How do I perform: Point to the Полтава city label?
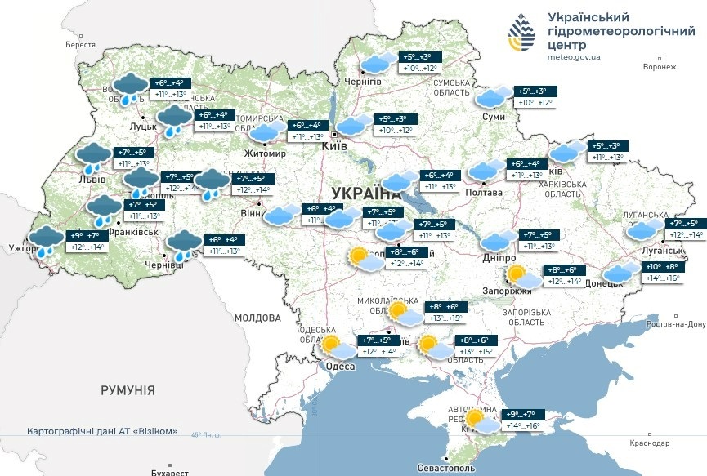click(482, 191)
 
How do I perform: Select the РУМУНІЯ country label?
click(128, 391)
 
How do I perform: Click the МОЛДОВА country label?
click(257, 318)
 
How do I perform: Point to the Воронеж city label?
click(660, 68)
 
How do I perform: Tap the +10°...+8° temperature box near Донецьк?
click(662, 273)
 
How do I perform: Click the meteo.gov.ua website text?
click(574, 57)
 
